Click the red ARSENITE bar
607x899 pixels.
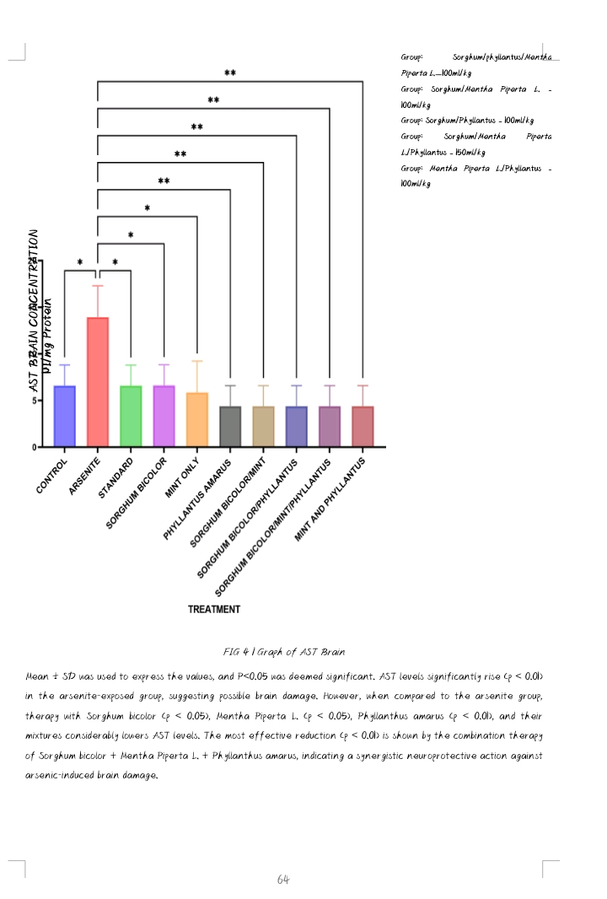98,381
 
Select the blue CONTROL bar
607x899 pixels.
64,416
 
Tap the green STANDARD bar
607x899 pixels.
131,416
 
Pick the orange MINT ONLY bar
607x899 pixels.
196,419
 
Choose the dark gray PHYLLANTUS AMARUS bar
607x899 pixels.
230,426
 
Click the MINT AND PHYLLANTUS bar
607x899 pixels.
363,426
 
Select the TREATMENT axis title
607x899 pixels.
213,609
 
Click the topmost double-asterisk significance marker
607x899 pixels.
230,73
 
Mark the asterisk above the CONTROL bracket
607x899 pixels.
80,262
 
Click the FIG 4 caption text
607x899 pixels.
284,652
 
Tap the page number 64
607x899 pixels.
283,880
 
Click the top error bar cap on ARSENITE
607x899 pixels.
98,286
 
